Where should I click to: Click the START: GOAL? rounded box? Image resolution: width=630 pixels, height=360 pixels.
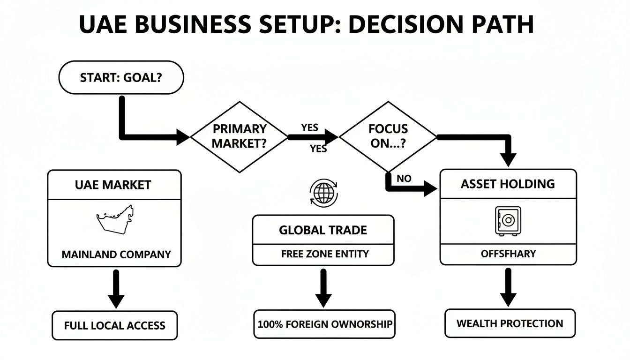[x=120, y=77]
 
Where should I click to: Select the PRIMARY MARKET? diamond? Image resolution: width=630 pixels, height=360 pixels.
[x=240, y=136]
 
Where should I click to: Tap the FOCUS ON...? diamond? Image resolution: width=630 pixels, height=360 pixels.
[x=388, y=136]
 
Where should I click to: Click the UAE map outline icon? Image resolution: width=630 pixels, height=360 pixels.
[x=115, y=218]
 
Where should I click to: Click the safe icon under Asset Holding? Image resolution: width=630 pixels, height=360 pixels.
[x=508, y=221]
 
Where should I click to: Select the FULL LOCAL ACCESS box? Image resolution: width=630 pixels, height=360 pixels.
[x=114, y=325]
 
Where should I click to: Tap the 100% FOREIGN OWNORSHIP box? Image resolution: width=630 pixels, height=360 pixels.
[x=324, y=324]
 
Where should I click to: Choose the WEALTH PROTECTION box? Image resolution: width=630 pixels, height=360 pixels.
[x=510, y=323]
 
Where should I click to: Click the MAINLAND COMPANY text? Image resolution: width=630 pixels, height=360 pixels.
[x=116, y=255]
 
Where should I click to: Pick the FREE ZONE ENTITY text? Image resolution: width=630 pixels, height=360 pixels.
[x=324, y=254]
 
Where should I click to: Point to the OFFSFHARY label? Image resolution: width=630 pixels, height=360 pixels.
[x=508, y=254]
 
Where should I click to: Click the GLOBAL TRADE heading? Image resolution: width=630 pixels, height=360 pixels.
[x=323, y=230]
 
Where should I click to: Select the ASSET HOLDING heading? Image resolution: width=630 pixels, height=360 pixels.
[x=508, y=184]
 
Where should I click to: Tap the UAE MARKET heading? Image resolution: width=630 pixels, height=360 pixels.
[x=113, y=185]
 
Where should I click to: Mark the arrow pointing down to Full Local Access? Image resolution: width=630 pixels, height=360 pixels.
[x=116, y=289]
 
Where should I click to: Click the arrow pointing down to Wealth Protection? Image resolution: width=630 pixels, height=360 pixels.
[x=508, y=287]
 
